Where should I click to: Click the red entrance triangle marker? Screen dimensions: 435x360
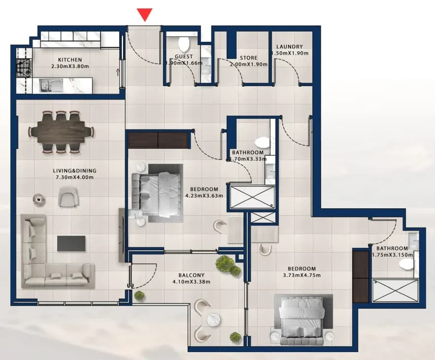tap(144, 14)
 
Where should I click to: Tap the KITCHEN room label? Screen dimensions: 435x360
tap(70, 60)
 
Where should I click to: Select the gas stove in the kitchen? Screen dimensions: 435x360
tap(23, 68)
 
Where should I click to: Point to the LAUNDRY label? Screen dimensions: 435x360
tap(289, 47)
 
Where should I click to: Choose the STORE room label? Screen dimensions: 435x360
tap(249, 58)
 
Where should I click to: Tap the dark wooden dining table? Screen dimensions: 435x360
tap(61, 132)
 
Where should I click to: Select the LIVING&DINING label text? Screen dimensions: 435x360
tap(74, 170)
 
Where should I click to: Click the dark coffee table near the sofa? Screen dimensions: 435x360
tap(71, 243)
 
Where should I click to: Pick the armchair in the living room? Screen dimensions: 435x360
tap(68, 196)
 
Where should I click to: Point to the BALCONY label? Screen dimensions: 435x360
tap(192, 275)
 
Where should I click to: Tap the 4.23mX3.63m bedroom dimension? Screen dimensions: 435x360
tap(204, 196)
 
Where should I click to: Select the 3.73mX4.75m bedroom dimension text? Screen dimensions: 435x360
tap(301, 275)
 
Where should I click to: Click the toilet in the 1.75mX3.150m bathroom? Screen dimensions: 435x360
tap(406, 263)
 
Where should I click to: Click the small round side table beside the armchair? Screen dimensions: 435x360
tap(38, 199)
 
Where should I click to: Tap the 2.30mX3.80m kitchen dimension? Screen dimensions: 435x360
tap(70, 66)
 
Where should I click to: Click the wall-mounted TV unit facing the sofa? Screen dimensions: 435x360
tap(122, 235)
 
